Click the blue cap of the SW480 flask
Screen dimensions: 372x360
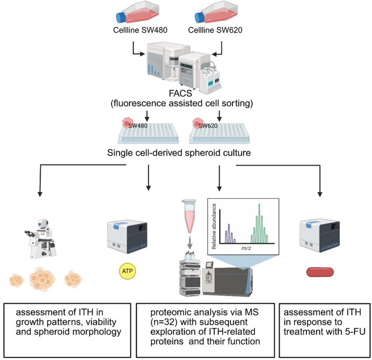(122, 18)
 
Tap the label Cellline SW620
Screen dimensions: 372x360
(215, 30)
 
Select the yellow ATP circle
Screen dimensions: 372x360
(127, 271)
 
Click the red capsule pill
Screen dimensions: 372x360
(320, 272)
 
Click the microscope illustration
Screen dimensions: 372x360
(41, 238)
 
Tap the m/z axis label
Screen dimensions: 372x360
(246, 248)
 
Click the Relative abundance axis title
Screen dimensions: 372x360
(214, 226)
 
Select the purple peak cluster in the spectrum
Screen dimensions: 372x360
(229, 234)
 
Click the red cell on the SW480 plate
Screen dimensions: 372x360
(127, 123)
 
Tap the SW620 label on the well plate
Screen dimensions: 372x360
(208, 126)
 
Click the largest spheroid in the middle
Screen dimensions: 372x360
(42, 279)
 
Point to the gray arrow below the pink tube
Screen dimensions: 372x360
(189, 242)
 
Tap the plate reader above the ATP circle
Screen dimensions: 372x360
(127, 237)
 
